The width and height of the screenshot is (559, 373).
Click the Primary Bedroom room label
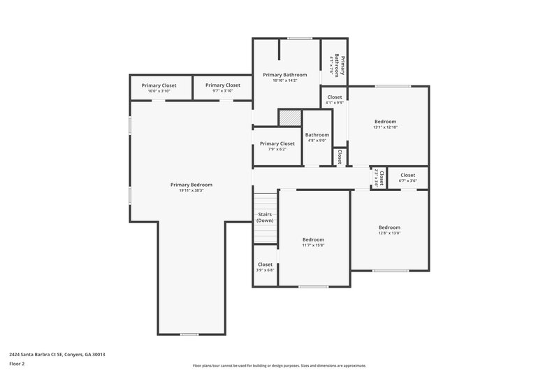point(191,185)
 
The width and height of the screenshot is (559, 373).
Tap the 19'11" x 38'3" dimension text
point(191,190)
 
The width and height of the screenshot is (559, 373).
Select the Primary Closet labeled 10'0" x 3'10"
point(159,85)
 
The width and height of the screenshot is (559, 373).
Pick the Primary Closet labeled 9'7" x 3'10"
point(223,85)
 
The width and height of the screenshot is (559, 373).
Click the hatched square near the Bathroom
point(289,118)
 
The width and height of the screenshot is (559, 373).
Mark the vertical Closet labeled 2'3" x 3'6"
point(378,178)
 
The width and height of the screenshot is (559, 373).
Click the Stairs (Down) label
point(265,217)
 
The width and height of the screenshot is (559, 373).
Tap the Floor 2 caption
point(17,364)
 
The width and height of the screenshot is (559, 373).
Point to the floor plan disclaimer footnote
point(279,365)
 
